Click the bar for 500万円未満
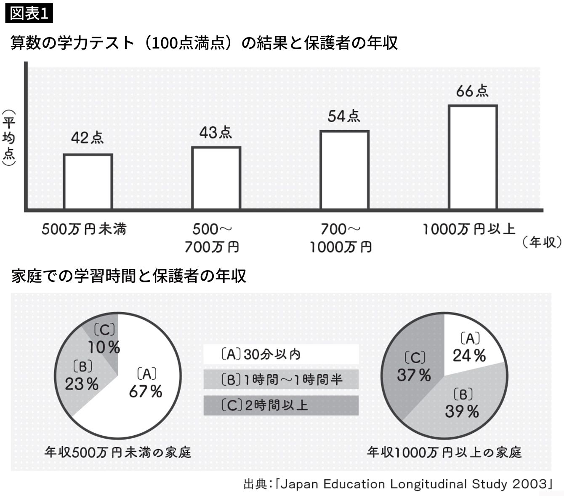tap(88, 182)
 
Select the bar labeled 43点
tap(216, 178)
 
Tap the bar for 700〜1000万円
tap(344, 170)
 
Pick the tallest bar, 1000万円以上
tap(473, 157)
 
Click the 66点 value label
tap(472, 91)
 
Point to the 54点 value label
tap(344, 116)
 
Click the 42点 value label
tap(87, 138)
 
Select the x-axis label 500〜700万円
tap(212, 238)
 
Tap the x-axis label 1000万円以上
tap(469, 229)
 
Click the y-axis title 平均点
tap(9, 138)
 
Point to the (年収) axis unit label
tap(542, 242)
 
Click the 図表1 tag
tap(29, 13)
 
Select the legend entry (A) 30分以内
tap(281, 354)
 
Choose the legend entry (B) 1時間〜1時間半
tap(281, 380)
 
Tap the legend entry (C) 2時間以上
tap(281, 405)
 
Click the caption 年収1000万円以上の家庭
tap(444, 453)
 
